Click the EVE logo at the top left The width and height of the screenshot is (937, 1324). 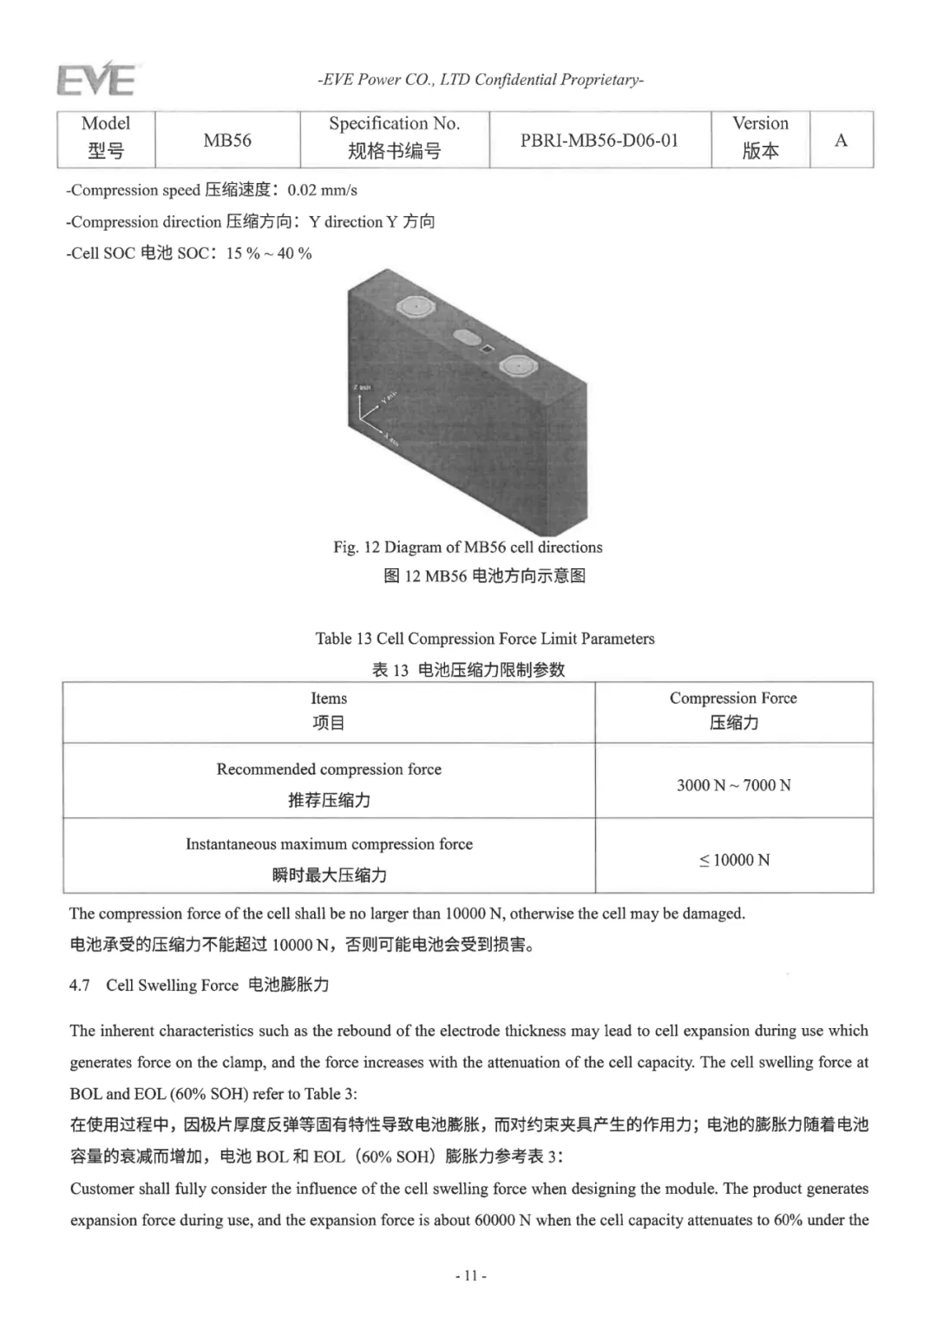(95, 80)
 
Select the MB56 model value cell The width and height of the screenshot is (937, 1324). (227, 140)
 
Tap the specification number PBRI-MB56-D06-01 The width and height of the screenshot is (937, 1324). (599, 140)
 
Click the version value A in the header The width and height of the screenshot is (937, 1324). (841, 140)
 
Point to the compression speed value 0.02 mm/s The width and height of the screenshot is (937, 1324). (322, 190)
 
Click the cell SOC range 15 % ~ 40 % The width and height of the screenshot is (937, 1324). (269, 253)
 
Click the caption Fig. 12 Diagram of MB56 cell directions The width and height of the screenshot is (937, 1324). (468, 547)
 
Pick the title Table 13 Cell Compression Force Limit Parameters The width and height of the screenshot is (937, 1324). (485, 639)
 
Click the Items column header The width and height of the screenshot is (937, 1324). (329, 698)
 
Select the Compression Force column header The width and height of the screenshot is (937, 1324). (733, 698)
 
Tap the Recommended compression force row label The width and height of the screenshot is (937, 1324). (329, 770)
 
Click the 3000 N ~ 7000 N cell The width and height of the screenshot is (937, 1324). (733, 785)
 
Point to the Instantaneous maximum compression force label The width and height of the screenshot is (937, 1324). (329, 844)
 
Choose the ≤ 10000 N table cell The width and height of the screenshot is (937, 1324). (734, 860)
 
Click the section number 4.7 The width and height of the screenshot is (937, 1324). (80, 986)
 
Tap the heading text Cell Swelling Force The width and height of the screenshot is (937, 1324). (172, 986)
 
